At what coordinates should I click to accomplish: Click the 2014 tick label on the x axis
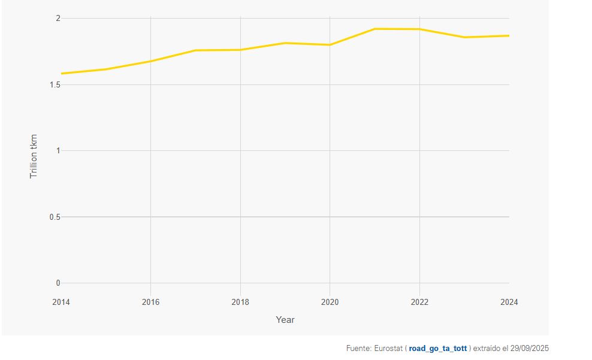(61, 302)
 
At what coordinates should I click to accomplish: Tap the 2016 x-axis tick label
(150, 302)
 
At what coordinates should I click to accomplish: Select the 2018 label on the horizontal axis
(240, 302)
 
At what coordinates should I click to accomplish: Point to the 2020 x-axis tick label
(330, 302)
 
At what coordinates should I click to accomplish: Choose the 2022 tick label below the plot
(419, 302)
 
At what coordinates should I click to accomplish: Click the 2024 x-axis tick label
(509, 302)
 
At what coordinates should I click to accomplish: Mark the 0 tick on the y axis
(58, 283)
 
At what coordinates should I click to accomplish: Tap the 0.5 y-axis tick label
(55, 217)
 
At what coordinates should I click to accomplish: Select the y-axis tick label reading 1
(58, 151)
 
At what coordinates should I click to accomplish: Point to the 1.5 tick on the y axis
(55, 85)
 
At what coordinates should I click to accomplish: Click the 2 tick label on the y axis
(58, 19)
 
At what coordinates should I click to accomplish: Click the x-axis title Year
(285, 320)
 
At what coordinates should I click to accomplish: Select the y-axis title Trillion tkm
(34, 156)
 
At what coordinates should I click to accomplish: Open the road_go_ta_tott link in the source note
(437, 349)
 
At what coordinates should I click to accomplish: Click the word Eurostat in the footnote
(388, 349)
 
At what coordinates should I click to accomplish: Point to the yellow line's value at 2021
(374, 29)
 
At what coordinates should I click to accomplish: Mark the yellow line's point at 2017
(195, 50)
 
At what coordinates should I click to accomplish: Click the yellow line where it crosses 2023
(464, 37)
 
